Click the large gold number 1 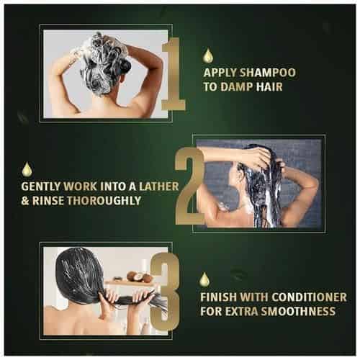tap(174, 74)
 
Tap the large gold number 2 tap(189, 186)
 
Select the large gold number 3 tap(165, 292)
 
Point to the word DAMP tap(237, 86)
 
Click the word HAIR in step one tap(269, 86)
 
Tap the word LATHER tap(159, 186)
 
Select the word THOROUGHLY tap(104, 201)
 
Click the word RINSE tap(48, 201)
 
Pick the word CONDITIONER tap(310, 297)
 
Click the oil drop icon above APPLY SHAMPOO tap(208, 55)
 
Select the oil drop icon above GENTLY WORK tap(27, 168)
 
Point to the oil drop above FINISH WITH tap(204, 279)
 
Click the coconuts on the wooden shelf tap(139, 276)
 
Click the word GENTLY tap(41, 186)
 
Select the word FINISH tap(218, 297)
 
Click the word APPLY tap(220, 73)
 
